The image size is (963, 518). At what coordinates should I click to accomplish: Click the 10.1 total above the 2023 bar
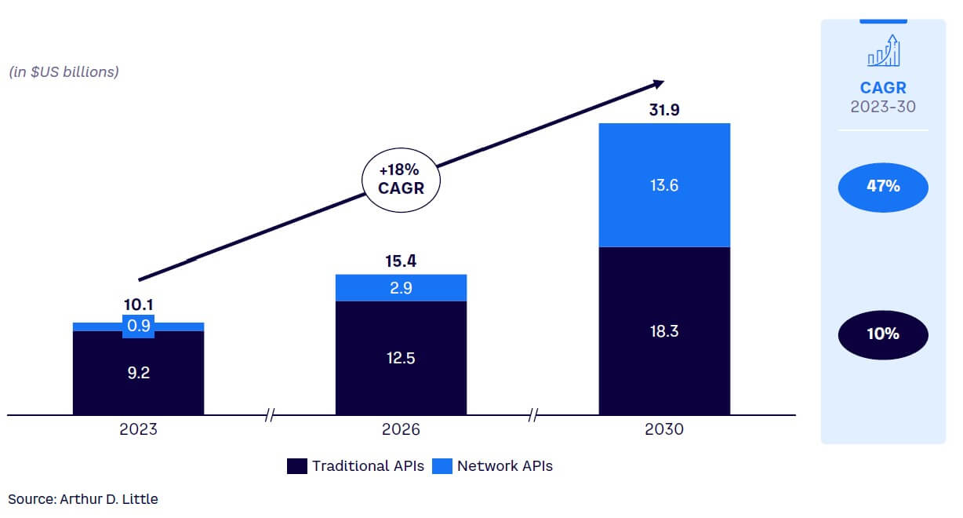click(x=138, y=304)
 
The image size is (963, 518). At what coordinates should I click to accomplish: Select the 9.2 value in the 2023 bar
click(x=138, y=373)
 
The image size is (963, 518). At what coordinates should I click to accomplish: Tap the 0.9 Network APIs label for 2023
click(x=138, y=325)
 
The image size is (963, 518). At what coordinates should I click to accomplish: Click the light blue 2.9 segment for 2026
click(x=401, y=287)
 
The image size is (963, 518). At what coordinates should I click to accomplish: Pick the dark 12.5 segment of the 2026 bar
click(x=401, y=358)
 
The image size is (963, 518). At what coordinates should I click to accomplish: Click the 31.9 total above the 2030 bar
click(x=664, y=110)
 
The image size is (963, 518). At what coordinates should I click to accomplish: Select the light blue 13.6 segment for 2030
click(x=664, y=185)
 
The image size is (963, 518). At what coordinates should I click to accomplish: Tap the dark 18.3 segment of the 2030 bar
click(x=664, y=330)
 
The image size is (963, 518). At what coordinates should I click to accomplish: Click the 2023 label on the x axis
click(x=138, y=430)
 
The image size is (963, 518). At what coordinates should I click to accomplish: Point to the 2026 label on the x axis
click(x=401, y=430)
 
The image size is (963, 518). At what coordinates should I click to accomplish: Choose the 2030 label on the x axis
click(x=664, y=430)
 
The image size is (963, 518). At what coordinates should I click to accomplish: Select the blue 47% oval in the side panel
click(x=882, y=187)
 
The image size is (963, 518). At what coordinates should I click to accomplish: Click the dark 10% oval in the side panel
click(x=882, y=334)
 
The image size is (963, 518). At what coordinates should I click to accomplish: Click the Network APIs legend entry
click(x=494, y=466)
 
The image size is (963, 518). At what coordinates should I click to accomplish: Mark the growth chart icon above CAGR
click(x=883, y=51)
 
